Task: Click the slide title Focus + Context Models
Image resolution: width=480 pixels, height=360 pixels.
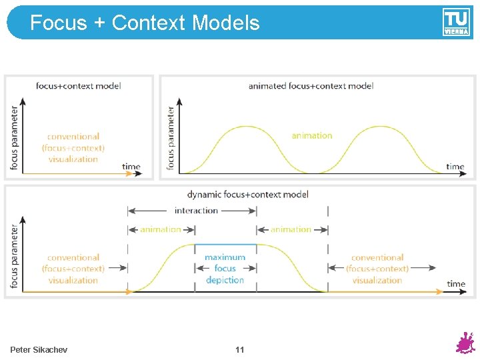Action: coord(145,23)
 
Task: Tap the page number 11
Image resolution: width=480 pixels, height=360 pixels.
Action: coord(240,349)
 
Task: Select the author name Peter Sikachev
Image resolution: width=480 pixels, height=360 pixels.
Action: coord(39,349)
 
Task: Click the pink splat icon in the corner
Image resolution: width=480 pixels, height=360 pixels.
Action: coord(465,343)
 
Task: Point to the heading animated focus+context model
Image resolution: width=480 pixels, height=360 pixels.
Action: coord(311,85)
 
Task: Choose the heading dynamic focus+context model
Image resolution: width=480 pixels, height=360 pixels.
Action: coord(247,195)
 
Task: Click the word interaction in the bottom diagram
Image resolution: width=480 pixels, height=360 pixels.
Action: coord(196,211)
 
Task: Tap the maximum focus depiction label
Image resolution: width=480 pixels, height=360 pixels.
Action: coord(225,269)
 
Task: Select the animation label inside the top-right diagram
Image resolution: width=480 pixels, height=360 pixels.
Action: coord(311,135)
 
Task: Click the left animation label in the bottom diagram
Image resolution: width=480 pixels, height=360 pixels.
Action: coord(160,229)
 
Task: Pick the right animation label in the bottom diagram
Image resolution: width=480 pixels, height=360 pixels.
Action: coord(291,229)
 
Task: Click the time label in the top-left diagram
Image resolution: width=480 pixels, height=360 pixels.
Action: coord(131,166)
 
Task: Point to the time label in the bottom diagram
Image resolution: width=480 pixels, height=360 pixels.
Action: coord(456,283)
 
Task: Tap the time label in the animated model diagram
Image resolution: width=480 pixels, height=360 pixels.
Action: coord(455,166)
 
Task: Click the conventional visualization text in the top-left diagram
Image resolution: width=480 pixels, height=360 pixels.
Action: coord(73,147)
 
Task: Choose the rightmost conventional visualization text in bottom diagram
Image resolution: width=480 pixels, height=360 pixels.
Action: coord(377,269)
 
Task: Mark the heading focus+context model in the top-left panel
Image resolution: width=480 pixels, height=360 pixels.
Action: coord(78,85)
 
